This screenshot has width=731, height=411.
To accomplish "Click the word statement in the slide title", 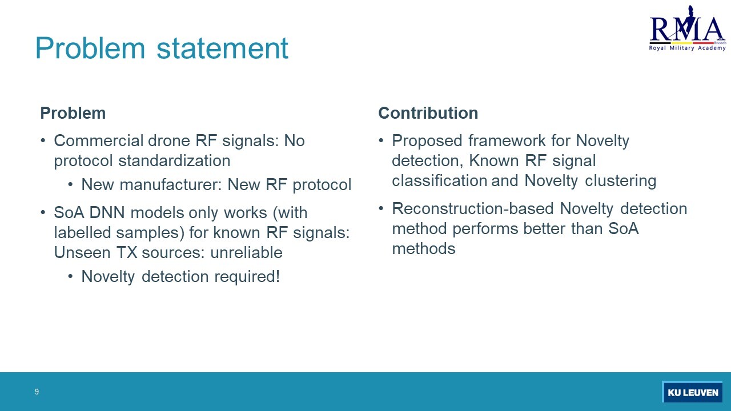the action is pos(222,49).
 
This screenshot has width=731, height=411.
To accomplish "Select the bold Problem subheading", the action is pos(73,113).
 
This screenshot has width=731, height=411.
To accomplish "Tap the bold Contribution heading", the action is pos(428,113).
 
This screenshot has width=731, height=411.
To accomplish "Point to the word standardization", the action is pos(174,161).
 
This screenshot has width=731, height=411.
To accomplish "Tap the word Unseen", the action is pos(82,252).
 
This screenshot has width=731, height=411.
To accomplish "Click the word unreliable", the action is pos(246,252).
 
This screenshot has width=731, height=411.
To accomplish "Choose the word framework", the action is pos(507,141).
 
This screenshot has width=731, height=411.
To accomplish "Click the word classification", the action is pos(439,181).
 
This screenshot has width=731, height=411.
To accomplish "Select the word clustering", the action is pos(620,182).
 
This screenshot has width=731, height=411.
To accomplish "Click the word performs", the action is pos(485,229).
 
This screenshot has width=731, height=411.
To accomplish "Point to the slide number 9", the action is pos(37,392).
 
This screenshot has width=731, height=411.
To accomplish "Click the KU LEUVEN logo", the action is pos(692,392).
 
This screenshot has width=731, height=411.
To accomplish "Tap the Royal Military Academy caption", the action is pos(687,49).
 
